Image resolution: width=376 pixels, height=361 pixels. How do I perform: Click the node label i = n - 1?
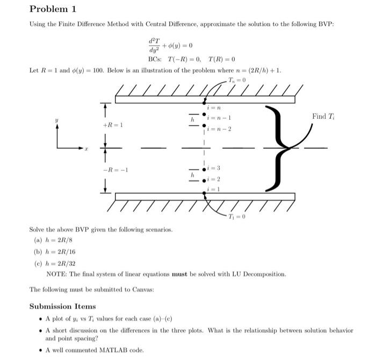[220, 118]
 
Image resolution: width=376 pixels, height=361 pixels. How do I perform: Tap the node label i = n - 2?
[220, 129]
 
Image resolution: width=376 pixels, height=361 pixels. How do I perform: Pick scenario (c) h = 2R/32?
[58, 264]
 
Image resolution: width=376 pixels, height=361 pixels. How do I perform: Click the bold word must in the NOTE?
[180, 274]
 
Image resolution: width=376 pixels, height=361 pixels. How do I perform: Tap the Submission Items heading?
[62, 306]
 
